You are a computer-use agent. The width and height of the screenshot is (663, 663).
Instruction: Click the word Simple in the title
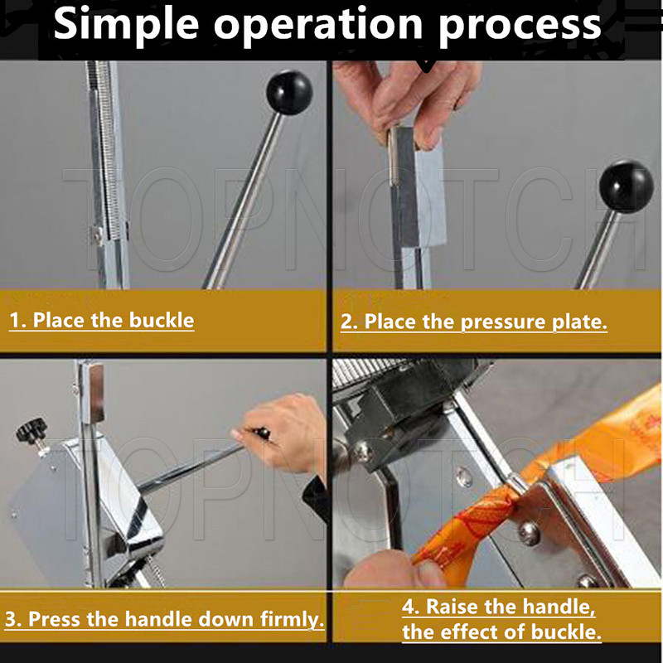pyautogui.click(x=126, y=25)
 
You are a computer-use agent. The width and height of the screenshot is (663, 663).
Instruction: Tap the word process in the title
pyautogui.click(x=520, y=27)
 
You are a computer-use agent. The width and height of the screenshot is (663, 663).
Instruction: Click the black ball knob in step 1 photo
pyautogui.click(x=289, y=92)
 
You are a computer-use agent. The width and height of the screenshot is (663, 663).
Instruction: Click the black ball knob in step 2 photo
pyautogui.click(x=627, y=186)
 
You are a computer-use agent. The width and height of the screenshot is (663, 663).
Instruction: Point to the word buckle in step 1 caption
pyautogui.click(x=161, y=320)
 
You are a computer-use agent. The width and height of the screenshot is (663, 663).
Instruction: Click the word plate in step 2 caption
pyautogui.click(x=579, y=322)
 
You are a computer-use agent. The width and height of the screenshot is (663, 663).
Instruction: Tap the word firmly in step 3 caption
pyautogui.click(x=292, y=619)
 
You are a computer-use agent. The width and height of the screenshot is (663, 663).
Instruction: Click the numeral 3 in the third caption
pyautogui.click(x=11, y=619)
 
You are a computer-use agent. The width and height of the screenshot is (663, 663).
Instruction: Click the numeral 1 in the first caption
pyautogui.click(x=15, y=320)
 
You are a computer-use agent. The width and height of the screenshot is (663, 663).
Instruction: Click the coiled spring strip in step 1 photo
pyautogui.click(x=103, y=148)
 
